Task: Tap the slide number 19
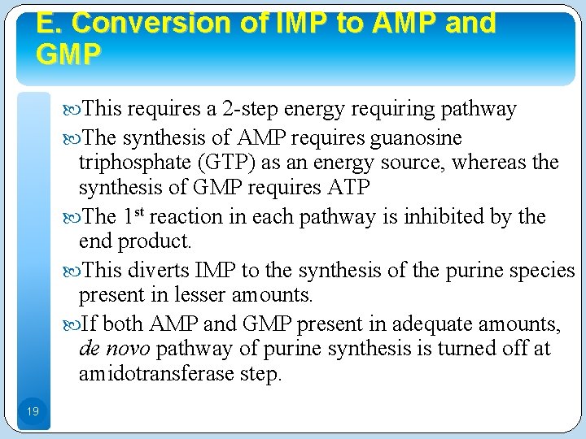coord(32,412)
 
